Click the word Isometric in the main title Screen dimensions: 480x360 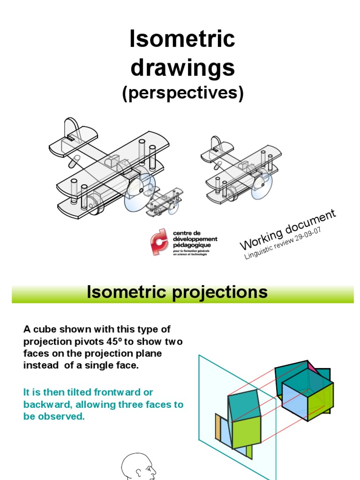(182, 39)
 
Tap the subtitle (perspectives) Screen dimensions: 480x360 (183, 93)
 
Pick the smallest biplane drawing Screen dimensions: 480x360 (165, 202)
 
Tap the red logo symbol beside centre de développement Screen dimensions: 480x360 (159, 241)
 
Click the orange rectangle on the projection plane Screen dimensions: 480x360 (218, 427)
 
